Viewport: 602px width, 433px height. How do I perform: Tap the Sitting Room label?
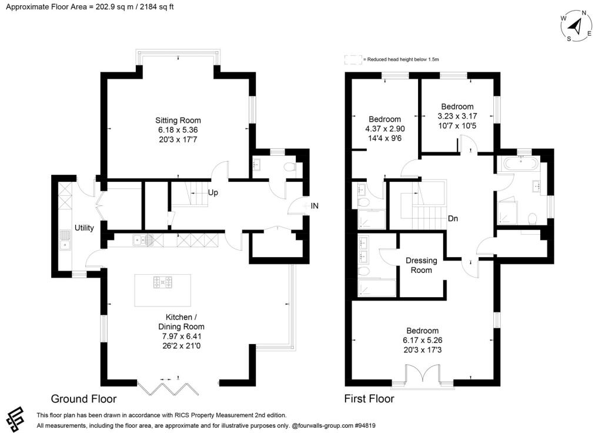pyautogui.click(x=179, y=120)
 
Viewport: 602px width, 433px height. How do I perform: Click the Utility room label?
pyautogui.click(x=84, y=228)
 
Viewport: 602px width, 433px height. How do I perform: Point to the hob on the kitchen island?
pyautogui.click(x=162, y=283)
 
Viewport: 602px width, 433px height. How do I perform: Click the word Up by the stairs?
pyautogui.click(x=213, y=192)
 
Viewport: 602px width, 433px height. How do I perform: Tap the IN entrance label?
pyautogui.click(x=315, y=206)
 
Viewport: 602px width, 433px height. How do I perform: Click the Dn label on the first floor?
pyautogui.click(x=453, y=219)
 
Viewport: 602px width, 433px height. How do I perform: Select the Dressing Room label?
pyautogui.click(x=422, y=265)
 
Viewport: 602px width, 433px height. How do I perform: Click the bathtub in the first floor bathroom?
pyautogui.click(x=517, y=164)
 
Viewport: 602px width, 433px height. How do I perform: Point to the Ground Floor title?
pyautogui.click(x=83, y=398)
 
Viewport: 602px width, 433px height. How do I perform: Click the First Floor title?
pyautogui.click(x=369, y=399)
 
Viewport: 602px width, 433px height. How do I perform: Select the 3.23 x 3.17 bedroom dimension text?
pyautogui.click(x=457, y=116)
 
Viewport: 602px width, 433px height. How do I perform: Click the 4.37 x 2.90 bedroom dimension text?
pyautogui.click(x=384, y=128)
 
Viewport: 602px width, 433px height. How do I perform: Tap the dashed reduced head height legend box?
pyautogui.click(x=353, y=59)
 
